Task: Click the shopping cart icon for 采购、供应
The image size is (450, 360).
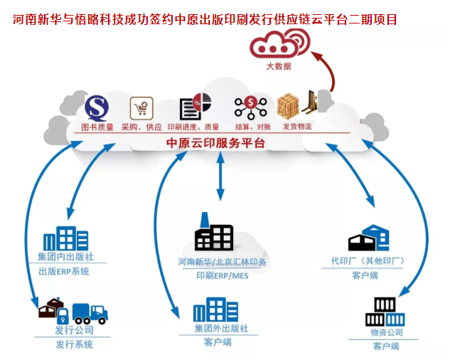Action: point(141,108)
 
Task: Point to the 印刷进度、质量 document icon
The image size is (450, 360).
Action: point(191,107)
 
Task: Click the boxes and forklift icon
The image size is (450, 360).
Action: point(296,107)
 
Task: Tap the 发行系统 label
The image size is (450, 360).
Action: point(74,345)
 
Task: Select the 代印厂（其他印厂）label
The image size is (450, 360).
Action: point(368,261)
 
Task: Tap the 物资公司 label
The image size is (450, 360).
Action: point(386,332)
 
